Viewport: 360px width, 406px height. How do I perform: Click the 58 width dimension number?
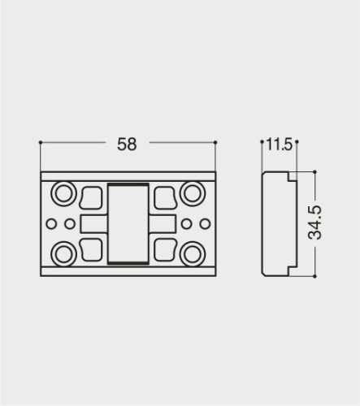pos(127,145)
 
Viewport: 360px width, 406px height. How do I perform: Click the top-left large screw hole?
pos(63,193)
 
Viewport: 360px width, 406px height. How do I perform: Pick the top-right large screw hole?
pos(193,193)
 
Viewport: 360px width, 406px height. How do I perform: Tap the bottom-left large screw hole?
pos(63,252)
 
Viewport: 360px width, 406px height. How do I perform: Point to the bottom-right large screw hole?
pos(193,252)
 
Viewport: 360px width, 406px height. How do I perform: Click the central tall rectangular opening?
pos(128,222)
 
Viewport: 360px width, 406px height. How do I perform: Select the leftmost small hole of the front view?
pos(51,222)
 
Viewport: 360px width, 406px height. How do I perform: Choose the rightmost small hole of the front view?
pos(204,222)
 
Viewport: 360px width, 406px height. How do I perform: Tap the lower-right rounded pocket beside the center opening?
pos(165,248)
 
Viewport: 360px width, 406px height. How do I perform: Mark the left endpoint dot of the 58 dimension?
pos(39,143)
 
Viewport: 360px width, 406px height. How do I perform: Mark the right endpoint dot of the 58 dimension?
pos(216,143)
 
